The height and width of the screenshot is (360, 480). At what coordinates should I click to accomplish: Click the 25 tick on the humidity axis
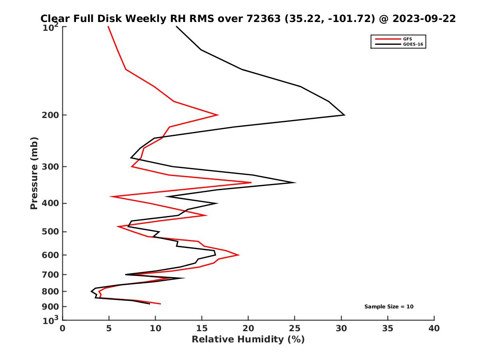(x=295, y=329)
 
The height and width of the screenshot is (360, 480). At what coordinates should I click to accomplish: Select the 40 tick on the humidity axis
(x=434, y=329)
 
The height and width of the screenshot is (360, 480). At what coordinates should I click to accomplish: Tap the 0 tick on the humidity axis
(x=63, y=329)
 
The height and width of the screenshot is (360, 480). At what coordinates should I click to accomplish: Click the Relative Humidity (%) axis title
(x=248, y=340)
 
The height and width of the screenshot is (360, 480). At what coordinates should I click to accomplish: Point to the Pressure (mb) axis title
(x=34, y=173)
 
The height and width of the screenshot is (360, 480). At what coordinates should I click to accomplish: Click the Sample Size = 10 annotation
(x=388, y=307)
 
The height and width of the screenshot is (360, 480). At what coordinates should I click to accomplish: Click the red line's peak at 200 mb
(x=218, y=115)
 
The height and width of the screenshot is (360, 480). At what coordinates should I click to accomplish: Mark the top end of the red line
(x=108, y=26)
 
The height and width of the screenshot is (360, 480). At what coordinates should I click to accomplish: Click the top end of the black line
(x=176, y=26)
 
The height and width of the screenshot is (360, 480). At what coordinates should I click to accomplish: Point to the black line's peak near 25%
(x=295, y=183)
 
